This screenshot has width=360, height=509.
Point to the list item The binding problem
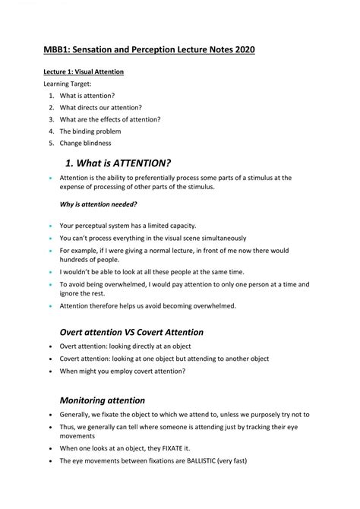(90, 131)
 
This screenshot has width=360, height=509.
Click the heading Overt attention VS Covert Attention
(131, 332)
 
